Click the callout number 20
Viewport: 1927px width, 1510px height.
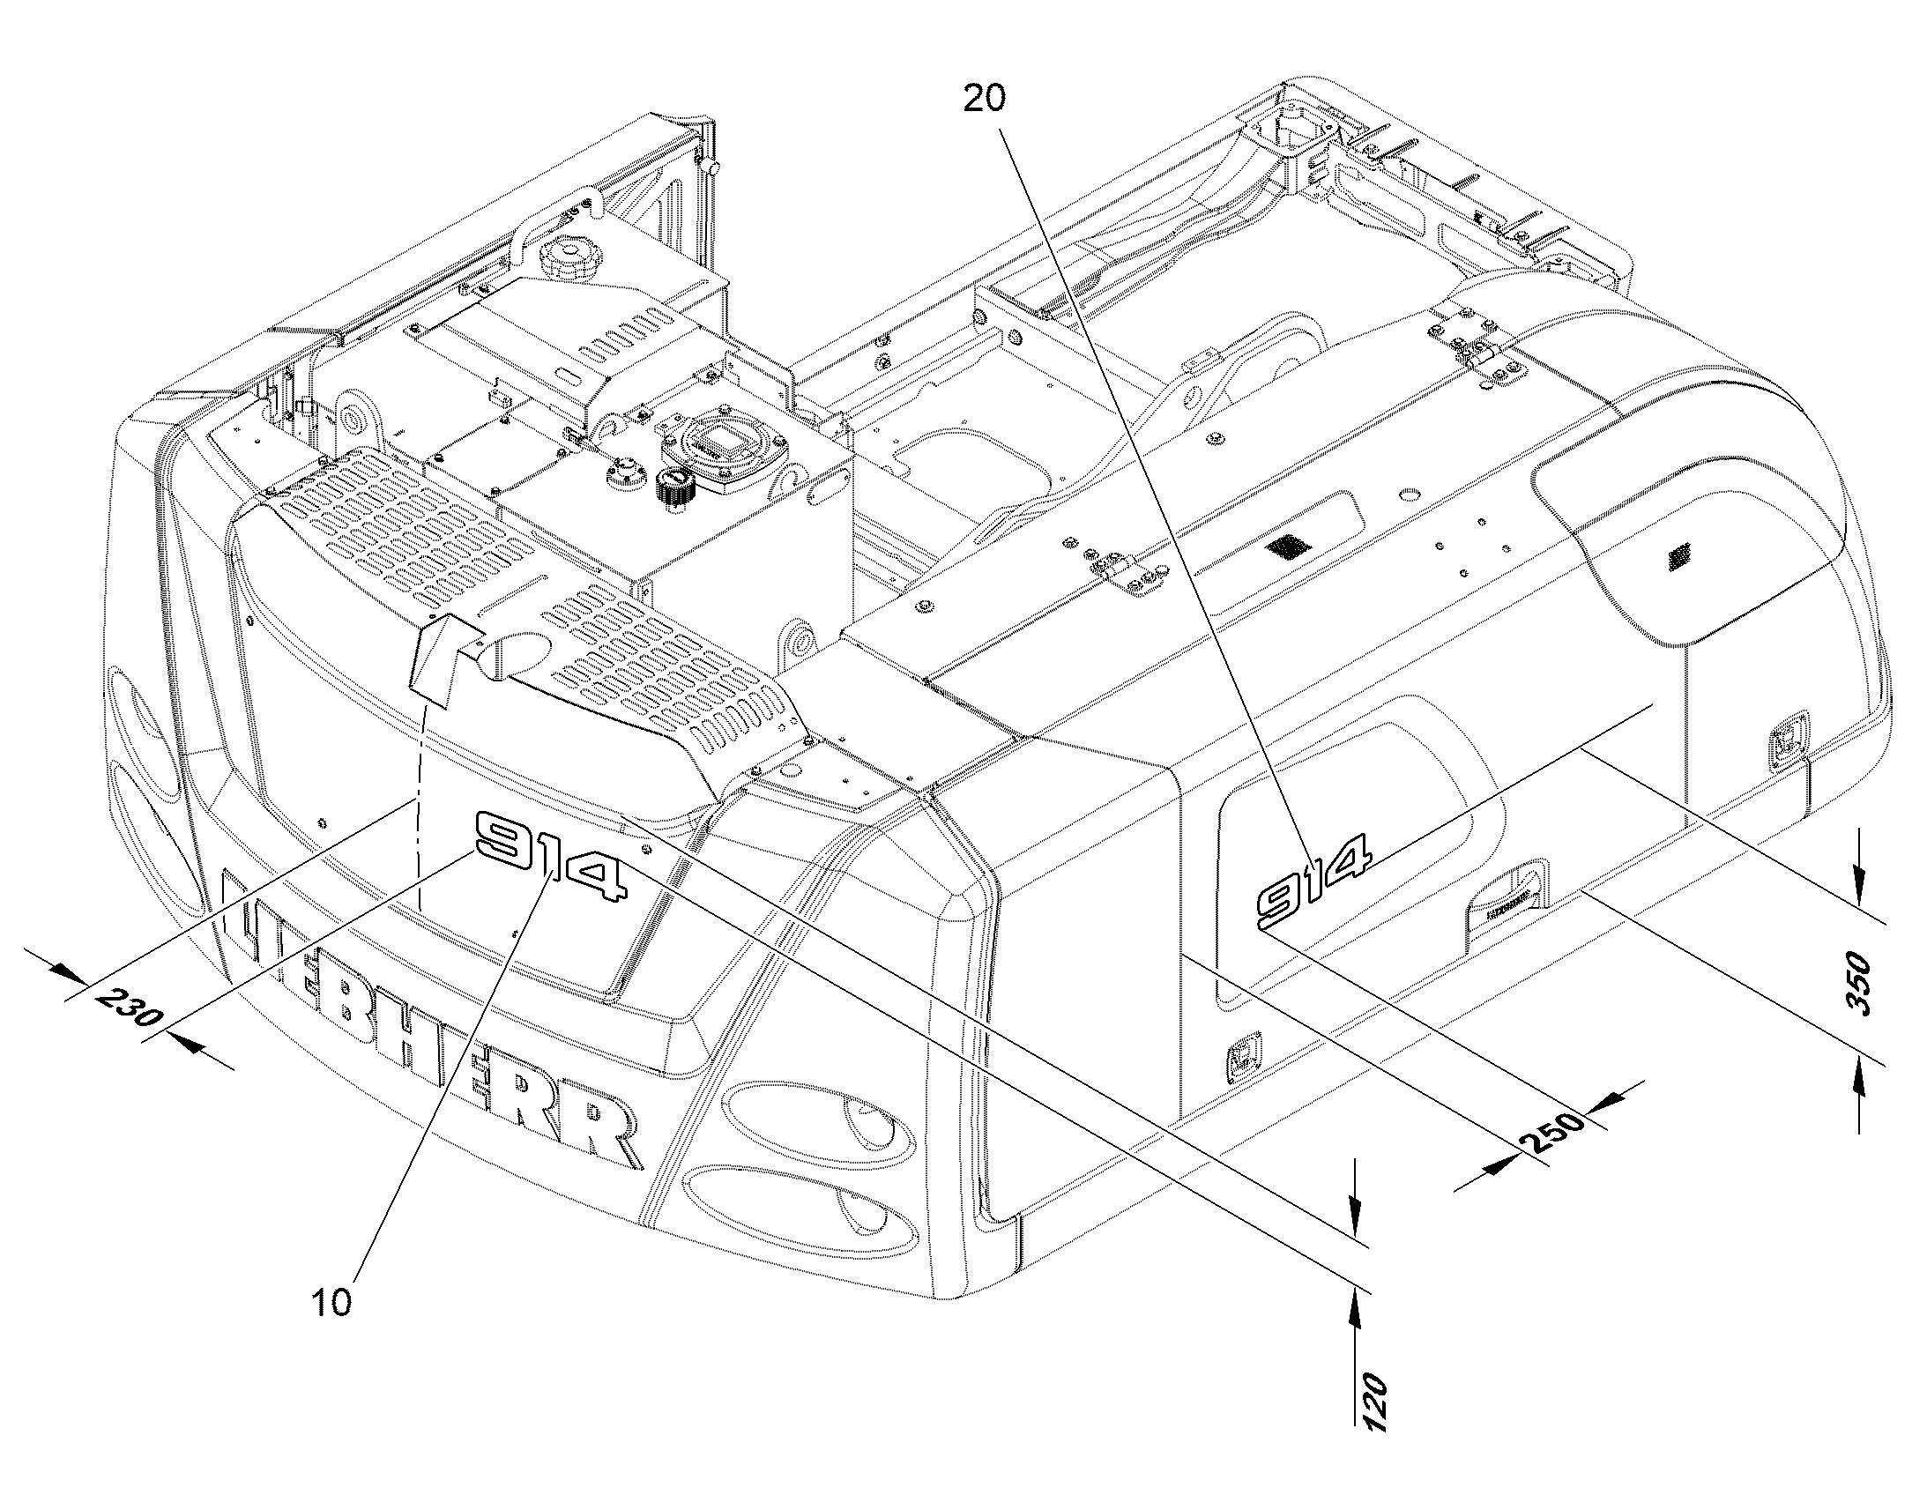coord(984,99)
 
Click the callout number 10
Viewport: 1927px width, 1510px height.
coord(331,1302)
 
